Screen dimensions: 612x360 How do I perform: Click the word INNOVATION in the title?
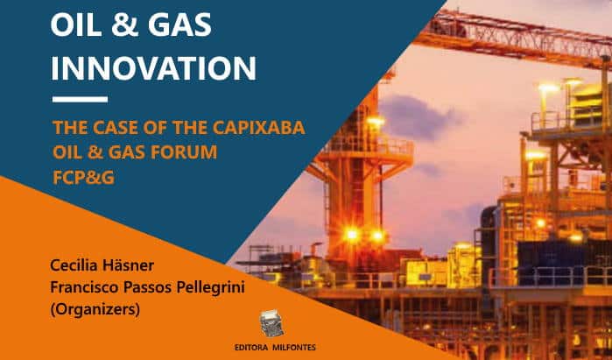coord(154,68)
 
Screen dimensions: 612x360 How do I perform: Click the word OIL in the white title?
coord(75,25)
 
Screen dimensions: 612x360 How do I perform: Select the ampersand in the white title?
coord(123,25)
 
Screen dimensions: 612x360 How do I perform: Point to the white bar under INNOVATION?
coord(80,100)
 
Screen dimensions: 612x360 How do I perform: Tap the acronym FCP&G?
coord(83,178)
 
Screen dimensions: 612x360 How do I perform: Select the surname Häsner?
coord(128,265)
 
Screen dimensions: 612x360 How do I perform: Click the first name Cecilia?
coord(74,265)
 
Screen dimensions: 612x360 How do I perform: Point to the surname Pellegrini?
coord(210,288)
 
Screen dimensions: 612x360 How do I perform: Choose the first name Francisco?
coord(85,288)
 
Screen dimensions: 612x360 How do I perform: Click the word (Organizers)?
coord(95,310)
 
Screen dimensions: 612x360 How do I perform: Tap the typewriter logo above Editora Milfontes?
coord(272,324)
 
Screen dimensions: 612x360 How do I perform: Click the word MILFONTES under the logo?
coord(294,348)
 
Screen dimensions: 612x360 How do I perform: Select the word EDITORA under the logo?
coord(251,348)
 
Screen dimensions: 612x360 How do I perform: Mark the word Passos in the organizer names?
coord(148,288)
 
